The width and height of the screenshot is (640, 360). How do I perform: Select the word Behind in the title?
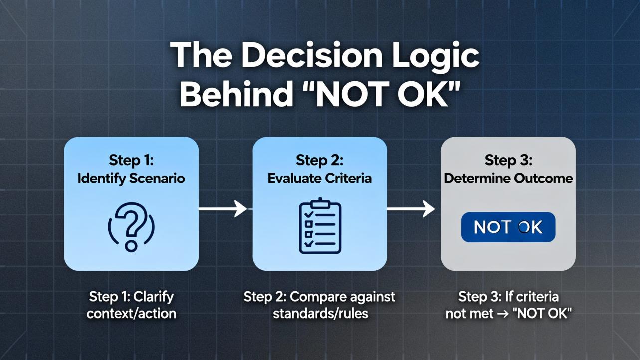tap(236, 94)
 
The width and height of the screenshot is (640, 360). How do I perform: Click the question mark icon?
tap(131, 227)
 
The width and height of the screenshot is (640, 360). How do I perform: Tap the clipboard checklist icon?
tap(320, 226)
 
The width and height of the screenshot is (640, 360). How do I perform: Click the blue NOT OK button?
tap(508, 227)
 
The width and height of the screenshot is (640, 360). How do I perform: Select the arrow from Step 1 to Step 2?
tap(223, 209)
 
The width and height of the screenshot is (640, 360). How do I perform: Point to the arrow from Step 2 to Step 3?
tap(411, 209)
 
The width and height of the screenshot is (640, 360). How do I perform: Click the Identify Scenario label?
tap(131, 179)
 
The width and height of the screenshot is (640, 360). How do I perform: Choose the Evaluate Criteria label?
tap(319, 179)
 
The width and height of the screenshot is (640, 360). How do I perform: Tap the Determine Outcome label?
tap(508, 179)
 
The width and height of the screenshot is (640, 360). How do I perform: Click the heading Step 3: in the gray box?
tap(508, 160)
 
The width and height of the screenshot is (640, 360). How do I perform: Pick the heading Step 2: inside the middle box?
tap(319, 160)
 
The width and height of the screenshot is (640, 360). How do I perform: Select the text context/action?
tap(131, 314)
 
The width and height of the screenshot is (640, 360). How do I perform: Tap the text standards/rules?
tap(320, 314)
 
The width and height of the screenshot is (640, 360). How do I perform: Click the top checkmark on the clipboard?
tap(309, 214)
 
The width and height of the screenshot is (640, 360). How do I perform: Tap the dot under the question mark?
tap(131, 246)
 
